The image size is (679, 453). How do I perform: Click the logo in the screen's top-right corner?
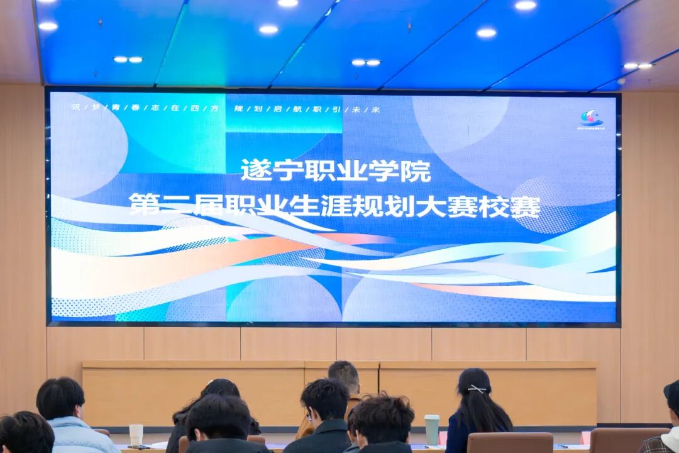pyautogui.click(x=591, y=118)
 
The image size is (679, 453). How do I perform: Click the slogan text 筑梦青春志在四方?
pyautogui.click(x=145, y=108)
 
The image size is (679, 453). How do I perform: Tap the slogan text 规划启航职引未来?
pyautogui.click(x=307, y=108)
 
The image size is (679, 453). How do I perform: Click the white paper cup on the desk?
pyautogui.click(x=136, y=434)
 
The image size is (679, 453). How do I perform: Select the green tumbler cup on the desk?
pyautogui.click(x=432, y=429)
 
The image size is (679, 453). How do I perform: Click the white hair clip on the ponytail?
pyautogui.click(x=477, y=389)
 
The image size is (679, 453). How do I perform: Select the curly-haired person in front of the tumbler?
pyautogui.click(x=382, y=425)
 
